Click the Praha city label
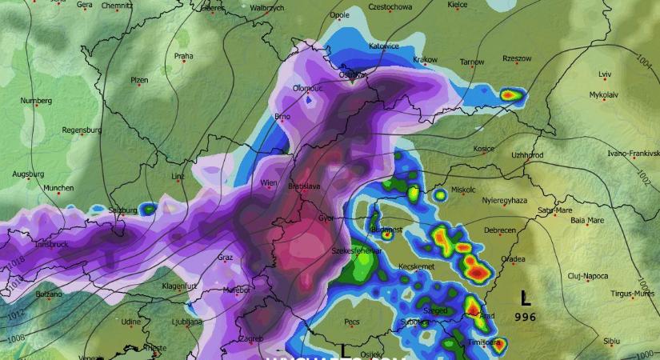point(184,56)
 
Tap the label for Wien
point(269,183)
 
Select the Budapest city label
point(387,230)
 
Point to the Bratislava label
point(305,186)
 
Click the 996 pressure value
point(526,318)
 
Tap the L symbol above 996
point(525,299)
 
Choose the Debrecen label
point(499,230)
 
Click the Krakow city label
point(425,59)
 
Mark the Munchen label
point(58,188)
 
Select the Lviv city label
point(605,74)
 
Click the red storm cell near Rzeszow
point(510,95)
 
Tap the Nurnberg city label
point(37,101)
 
